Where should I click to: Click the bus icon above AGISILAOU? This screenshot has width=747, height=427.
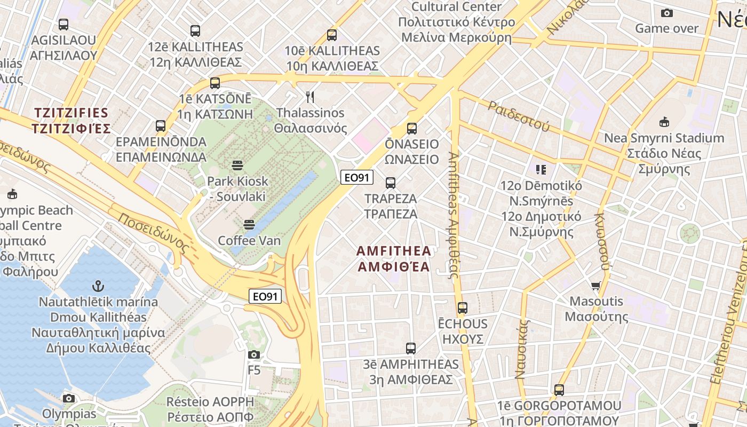click(63, 25)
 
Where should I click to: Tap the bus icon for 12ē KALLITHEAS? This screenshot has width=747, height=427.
click(195, 31)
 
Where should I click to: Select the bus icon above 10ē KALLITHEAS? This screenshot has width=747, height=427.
click(332, 35)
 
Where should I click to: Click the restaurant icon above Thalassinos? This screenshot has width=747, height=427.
click(310, 97)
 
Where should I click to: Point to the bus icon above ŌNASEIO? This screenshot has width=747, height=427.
click(412, 129)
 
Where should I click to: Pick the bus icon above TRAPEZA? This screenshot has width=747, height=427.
click(391, 183)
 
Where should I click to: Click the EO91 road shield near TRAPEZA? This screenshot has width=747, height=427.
click(357, 178)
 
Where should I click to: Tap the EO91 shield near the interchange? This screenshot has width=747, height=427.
click(265, 296)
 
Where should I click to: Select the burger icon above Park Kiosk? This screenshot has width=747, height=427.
click(237, 165)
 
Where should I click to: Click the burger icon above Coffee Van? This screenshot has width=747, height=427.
click(249, 224)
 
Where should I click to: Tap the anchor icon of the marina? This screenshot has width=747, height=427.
click(98, 286)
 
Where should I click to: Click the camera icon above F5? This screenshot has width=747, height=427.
click(254, 354)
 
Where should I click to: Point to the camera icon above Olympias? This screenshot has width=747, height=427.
click(69, 398)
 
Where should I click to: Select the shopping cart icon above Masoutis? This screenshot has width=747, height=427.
click(596, 286)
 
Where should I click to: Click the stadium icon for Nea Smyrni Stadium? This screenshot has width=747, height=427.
click(664, 122)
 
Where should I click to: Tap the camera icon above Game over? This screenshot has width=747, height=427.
click(666, 13)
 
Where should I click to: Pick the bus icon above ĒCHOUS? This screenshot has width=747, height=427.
click(463, 308)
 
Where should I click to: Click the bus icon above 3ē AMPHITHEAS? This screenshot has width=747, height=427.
click(411, 349)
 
